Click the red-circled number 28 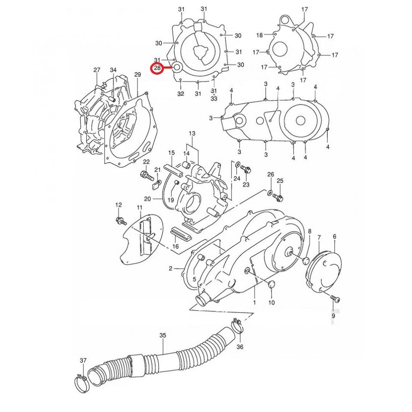pos(157,67)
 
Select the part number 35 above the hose pos(163,335)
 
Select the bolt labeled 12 pos(120,221)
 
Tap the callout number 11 pos(139,208)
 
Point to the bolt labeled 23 pos(246,169)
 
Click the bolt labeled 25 pos(279,198)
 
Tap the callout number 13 pos(191,134)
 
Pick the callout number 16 pos(175,246)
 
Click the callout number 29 pos(137,75)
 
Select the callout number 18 pos(260,35)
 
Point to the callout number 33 pos(214,98)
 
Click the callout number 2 pos(170,269)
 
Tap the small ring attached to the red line pos(177,67)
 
